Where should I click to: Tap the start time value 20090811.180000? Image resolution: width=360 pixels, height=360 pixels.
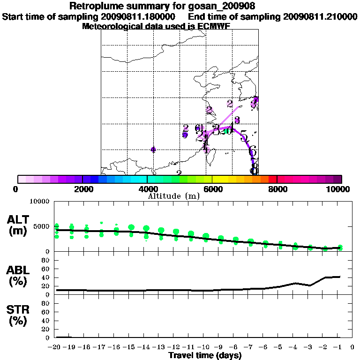click(140, 16)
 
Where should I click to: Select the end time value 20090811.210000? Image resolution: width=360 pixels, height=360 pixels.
click(320, 16)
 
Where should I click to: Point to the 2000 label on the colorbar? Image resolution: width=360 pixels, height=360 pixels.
click(82, 189)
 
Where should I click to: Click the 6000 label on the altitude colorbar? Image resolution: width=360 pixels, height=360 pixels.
click(212, 189)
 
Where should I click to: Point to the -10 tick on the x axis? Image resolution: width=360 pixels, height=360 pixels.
click(205, 347)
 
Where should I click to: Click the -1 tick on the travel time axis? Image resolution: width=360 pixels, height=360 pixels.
click(339, 347)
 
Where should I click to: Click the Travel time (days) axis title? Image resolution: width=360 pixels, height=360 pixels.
click(205, 355)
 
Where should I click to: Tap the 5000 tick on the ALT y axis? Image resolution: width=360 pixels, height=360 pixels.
click(41, 227)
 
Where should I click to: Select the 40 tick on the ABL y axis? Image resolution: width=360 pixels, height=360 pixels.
click(46, 278)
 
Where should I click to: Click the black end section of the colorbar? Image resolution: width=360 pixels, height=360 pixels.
click(338, 179)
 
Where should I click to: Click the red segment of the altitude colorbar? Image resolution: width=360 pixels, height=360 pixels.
click(272, 179)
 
